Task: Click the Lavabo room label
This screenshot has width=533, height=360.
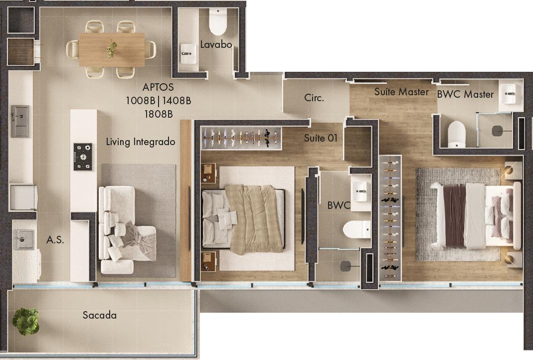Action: pos(216,44)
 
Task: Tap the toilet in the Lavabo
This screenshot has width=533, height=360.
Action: pos(217,21)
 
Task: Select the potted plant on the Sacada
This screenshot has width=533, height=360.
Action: pos(26,321)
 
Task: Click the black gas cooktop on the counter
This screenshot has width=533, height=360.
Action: pos(83,157)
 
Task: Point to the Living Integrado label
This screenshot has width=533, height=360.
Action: pos(141,142)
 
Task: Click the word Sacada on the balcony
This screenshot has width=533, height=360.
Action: pos(100,315)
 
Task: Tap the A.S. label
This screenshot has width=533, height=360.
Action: pos(55,240)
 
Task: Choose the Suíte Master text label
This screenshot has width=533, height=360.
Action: pos(401,92)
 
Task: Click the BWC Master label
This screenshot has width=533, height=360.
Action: pos(465,94)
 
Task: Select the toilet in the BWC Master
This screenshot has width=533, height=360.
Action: pos(457,134)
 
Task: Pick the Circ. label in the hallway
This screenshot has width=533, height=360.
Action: pos(314,98)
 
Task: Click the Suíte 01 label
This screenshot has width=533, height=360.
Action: pos(320,138)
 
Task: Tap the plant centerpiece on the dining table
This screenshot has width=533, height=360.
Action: pos(112,49)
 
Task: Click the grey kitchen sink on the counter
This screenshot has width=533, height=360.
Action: pos(20,121)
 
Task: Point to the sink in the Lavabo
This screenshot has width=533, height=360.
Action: pos(188,53)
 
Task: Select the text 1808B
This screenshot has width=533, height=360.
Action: pos(159,114)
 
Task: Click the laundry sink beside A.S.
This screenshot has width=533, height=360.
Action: pos(23,239)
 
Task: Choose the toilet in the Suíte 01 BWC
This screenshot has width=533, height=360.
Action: pos(356,230)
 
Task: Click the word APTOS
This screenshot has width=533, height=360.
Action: pos(158,87)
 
